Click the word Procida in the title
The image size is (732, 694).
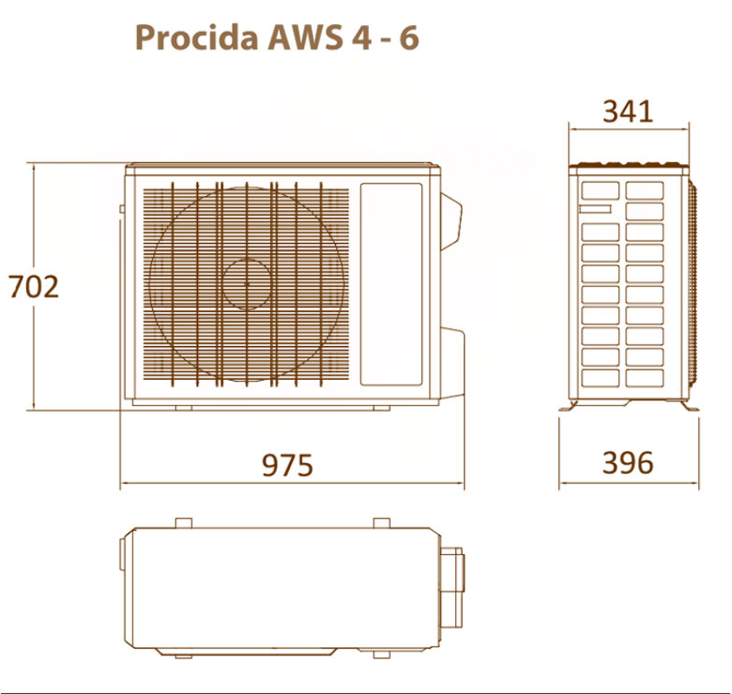[x=196, y=37]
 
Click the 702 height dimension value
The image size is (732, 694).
[x=34, y=286]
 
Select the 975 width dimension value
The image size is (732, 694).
[x=287, y=465]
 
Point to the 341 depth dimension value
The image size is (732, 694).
[x=628, y=111]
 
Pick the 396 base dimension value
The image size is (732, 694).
[x=628, y=462]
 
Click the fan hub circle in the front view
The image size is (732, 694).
[x=247, y=284]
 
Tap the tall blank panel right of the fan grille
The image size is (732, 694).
[x=392, y=285]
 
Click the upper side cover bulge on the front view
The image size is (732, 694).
[x=451, y=222]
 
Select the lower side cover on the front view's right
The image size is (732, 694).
[x=452, y=364]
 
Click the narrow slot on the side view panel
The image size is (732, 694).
[x=595, y=209]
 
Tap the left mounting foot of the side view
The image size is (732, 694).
[x=569, y=406]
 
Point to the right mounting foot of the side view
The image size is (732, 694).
[x=689, y=406]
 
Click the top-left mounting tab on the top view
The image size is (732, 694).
[x=183, y=523]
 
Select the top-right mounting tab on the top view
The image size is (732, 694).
[x=382, y=523]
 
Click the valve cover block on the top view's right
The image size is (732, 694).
[x=452, y=587]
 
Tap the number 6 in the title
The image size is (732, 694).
[x=409, y=37]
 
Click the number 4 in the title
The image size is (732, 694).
[x=362, y=37]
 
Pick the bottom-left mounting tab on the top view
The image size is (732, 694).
[x=183, y=655]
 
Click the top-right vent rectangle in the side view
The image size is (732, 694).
[x=644, y=191]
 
